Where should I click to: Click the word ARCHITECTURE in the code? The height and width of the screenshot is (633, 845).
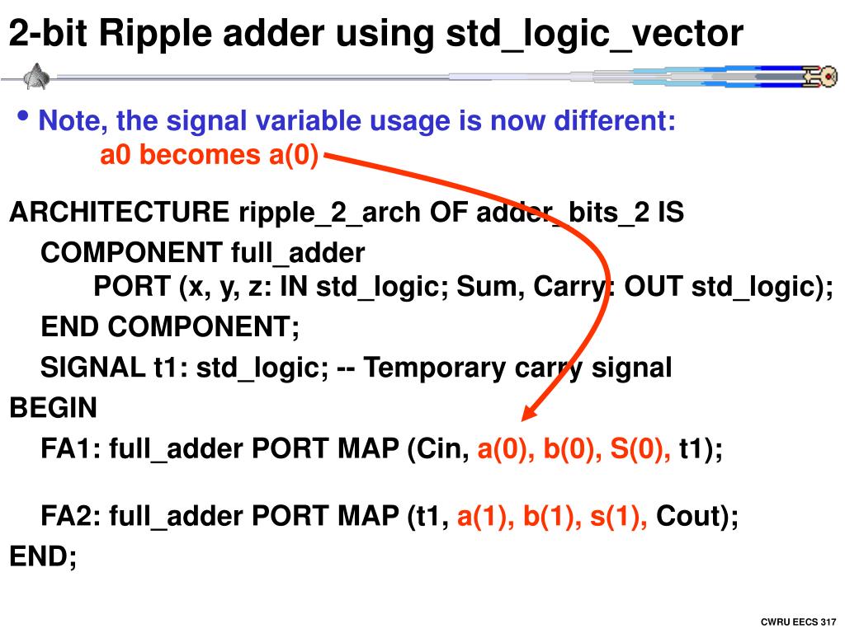pyautogui.click(x=120, y=213)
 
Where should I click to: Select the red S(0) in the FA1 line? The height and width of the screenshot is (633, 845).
pyautogui.click(x=640, y=450)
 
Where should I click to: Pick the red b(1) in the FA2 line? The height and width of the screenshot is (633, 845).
pyautogui.click(x=551, y=517)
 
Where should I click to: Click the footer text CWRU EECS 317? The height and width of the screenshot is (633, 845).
pyautogui.click(x=798, y=621)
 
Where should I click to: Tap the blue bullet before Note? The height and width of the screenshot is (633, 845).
pyautogui.click(x=23, y=117)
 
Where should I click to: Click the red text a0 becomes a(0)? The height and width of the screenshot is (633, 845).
pyautogui.click(x=209, y=155)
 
